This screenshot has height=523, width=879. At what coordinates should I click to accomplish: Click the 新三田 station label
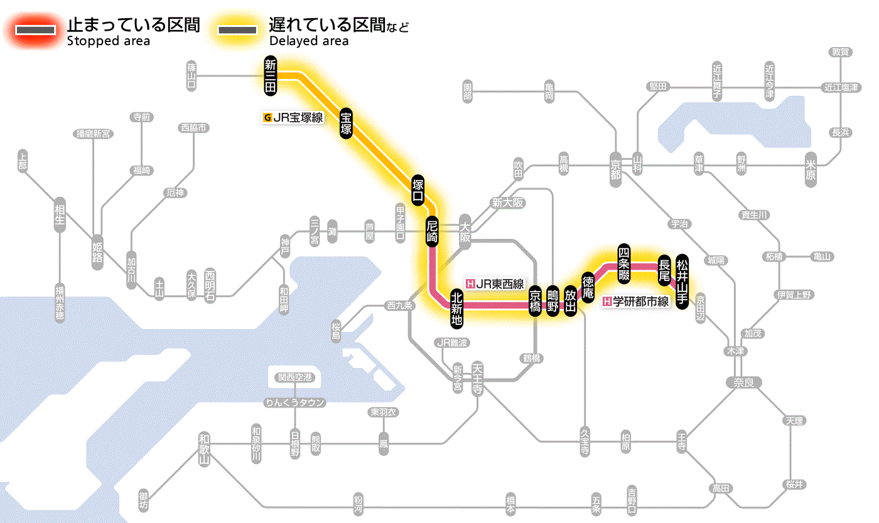tap(271, 77)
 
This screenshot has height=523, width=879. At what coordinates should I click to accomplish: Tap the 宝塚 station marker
tap(346, 123)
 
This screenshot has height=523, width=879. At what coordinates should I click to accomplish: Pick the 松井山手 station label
tap(682, 272)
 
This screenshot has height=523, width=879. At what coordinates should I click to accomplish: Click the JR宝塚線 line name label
tap(293, 117)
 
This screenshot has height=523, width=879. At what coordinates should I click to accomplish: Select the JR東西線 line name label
tap(495, 283)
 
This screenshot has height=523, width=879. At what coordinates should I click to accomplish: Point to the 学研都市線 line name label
tap(636, 302)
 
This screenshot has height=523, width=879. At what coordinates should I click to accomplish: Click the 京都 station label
tap(615, 166)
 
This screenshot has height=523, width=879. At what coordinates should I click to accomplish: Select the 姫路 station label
tap(97, 253)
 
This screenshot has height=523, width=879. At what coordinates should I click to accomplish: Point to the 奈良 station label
tap(743, 381)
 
